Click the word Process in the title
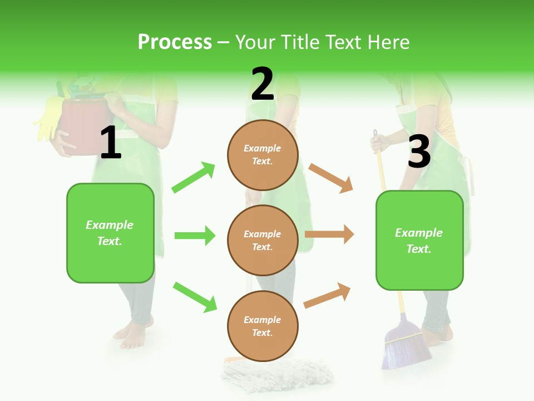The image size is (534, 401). coord(175,42)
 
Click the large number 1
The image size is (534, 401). coord(111,143)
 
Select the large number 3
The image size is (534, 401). coord(419,151)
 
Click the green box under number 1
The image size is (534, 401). coord(110,233)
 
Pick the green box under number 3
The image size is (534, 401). coord(419,241)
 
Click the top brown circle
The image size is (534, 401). coord(263,155)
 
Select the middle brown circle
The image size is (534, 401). coord(263,240)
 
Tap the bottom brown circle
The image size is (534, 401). coord(263,326)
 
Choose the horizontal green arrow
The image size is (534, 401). coord(195,236)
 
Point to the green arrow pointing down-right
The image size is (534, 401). coord(195,297)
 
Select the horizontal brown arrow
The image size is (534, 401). coord(329,234)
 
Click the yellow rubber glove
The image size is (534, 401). coord(48,118)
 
